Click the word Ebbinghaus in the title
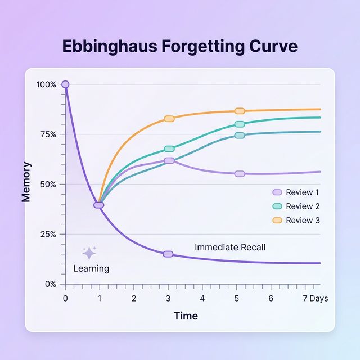110,46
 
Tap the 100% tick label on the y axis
46,84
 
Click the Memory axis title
26,182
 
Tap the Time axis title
186,316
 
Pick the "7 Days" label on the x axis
315,298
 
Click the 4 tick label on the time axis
202,298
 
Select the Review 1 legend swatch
277,192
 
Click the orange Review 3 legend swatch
277,220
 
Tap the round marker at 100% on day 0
65,84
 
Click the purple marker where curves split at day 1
98,205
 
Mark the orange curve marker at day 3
169,119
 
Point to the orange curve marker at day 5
240,111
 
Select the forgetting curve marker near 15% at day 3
168,254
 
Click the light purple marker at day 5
240,174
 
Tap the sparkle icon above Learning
89,253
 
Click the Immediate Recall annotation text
229,247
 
